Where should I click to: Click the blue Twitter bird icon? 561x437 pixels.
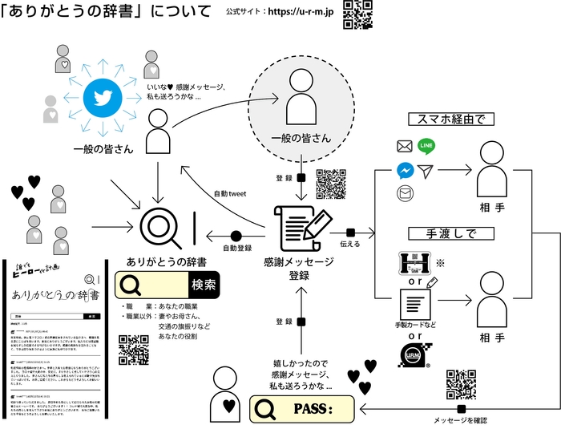(x=103, y=99)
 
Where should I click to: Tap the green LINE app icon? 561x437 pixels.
(x=426, y=146)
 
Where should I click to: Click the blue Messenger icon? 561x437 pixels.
(x=404, y=171)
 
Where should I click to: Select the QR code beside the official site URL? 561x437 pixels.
(x=357, y=14)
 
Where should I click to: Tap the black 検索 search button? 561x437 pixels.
(x=203, y=285)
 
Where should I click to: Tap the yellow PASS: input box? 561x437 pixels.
(x=303, y=409)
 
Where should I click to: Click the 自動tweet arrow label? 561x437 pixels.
(x=231, y=193)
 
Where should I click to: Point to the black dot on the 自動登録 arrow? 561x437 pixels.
(x=236, y=236)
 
